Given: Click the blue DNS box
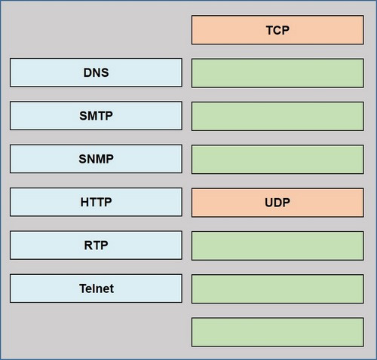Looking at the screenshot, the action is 96,72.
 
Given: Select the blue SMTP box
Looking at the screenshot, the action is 96,116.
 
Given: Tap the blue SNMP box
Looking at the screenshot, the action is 96,159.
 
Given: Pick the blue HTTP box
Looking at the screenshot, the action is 96,202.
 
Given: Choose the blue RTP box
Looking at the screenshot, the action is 96,246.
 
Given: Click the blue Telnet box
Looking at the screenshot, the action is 96,288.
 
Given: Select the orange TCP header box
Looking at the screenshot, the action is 277,30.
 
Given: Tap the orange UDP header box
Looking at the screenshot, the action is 277,203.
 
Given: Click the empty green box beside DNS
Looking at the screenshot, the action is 277,73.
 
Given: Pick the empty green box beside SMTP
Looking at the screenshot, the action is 277,116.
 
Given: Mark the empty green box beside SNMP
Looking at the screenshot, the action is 277,160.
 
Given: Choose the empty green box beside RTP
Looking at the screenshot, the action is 277,246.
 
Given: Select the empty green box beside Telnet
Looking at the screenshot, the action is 277,289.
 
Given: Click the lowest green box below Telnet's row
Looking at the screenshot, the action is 277,332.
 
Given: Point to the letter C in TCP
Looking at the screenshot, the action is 277,30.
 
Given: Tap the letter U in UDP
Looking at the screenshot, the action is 269,203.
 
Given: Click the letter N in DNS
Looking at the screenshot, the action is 96,73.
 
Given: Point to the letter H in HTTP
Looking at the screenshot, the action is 84,202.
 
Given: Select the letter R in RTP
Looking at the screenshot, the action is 88,246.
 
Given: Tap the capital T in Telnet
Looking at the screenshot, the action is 83,288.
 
